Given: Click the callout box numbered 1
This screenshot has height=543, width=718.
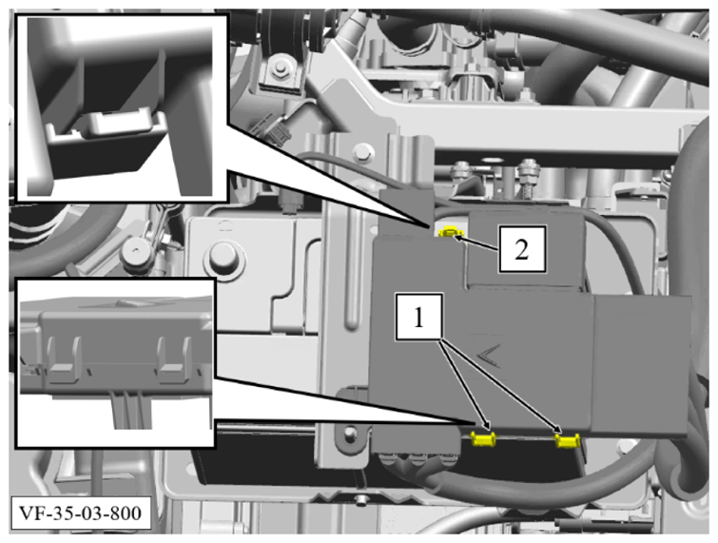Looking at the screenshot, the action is (x=419, y=317).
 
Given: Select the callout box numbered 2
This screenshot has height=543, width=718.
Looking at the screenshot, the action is (x=522, y=249).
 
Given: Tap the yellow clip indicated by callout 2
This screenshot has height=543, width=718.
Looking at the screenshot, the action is (x=449, y=233).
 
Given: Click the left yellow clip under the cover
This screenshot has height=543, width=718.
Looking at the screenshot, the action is (x=484, y=439).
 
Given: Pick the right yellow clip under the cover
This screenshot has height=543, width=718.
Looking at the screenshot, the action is (x=568, y=440).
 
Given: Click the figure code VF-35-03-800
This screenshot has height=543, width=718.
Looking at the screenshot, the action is (x=80, y=513).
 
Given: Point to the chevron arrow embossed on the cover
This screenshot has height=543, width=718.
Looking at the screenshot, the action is (x=489, y=356).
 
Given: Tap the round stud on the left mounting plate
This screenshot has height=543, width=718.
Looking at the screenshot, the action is (x=223, y=257).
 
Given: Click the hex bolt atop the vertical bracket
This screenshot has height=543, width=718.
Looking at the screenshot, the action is (x=363, y=151).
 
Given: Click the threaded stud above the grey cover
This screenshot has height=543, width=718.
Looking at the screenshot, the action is (x=528, y=178).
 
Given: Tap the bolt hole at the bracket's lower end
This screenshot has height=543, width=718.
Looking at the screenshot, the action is (x=350, y=432).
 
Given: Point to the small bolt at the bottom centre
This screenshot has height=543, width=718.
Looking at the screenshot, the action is (x=361, y=500).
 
